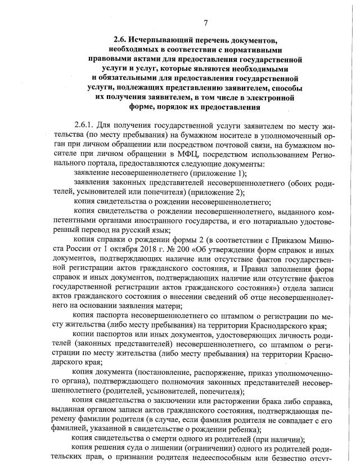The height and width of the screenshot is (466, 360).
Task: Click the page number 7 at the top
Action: point(206,23)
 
